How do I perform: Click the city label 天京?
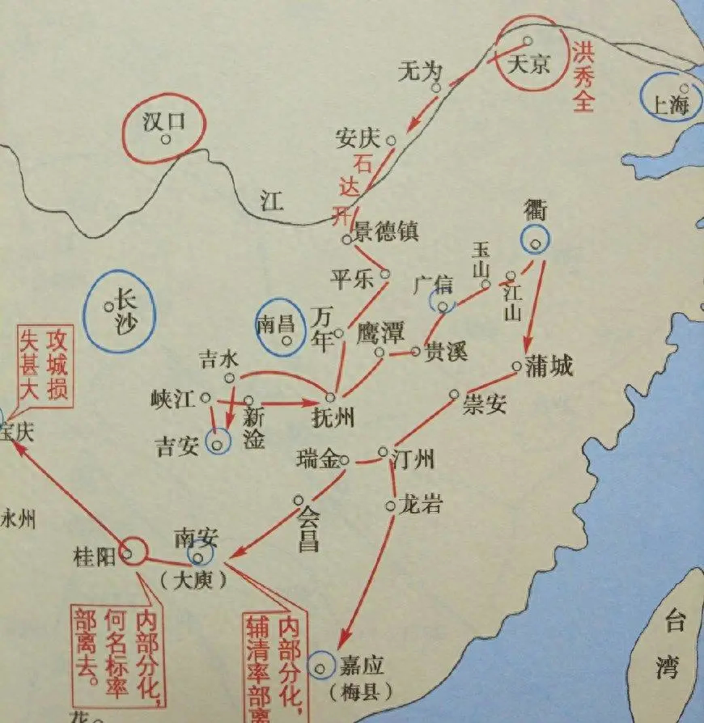(528, 64)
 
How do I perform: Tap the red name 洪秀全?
(583, 82)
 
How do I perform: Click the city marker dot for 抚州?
(330, 396)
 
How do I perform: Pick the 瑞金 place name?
(318, 460)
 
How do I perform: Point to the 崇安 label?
(484, 403)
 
